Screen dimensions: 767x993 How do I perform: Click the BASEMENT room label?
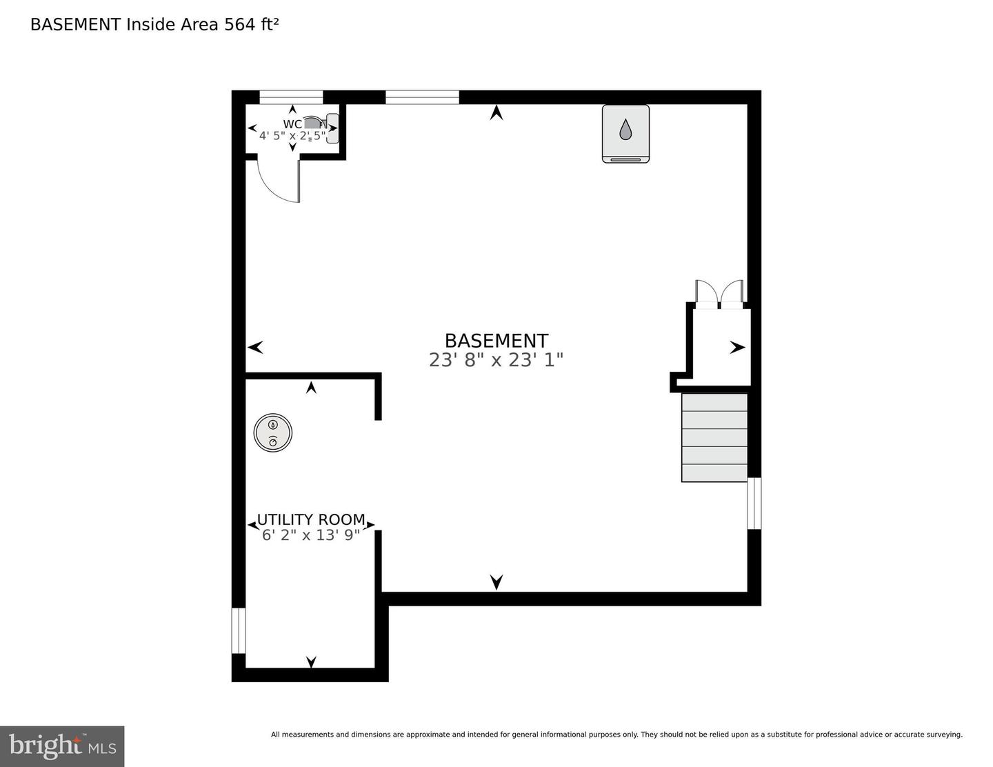[x=496, y=341]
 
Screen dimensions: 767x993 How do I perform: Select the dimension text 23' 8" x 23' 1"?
[x=496, y=360]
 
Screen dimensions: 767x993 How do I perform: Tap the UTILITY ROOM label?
[x=311, y=519]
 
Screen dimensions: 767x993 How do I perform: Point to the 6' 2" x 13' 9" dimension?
[x=311, y=535]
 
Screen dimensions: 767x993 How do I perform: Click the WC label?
[x=292, y=124]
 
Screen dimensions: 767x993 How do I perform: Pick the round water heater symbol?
[x=273, y=432]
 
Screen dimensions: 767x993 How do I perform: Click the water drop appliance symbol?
[x=625, y=133]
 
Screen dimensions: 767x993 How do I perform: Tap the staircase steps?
[x=714, y=437]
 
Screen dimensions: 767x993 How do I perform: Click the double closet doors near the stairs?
[x=719, y=292]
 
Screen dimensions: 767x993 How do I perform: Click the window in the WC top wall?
[x=291, y=97]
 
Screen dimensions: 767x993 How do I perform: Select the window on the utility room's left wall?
[x=238, y=630]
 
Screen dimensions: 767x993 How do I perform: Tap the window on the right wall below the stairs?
[x=754, y=504]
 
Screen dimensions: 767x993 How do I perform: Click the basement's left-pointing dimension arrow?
[x=255, y=347]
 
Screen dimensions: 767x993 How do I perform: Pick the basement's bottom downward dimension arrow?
[x=496, y=582]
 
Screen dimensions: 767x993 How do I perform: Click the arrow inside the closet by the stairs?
[x=737, y=348]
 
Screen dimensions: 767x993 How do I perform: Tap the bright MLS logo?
[x=62, y=746]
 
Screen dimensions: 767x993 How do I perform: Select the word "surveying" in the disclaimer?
[x=944, y=735]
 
